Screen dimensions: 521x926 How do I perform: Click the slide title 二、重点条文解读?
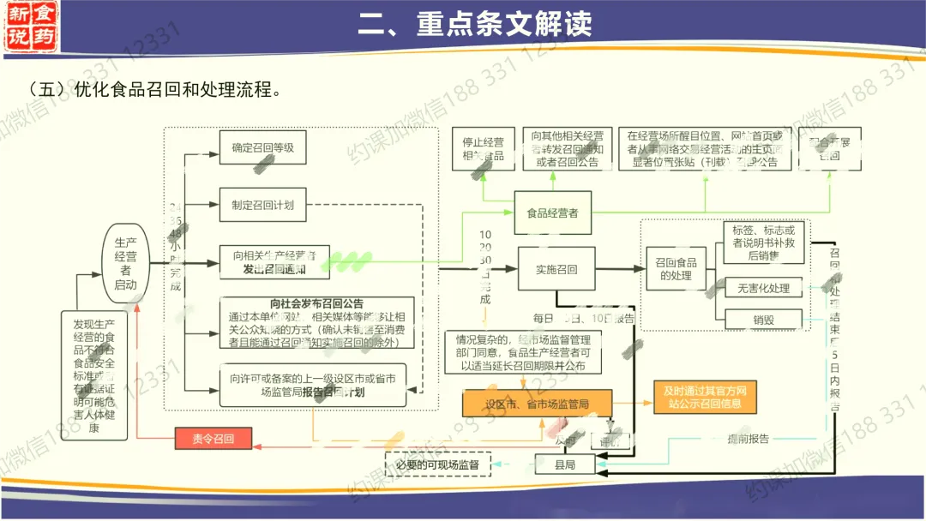coord(475,24)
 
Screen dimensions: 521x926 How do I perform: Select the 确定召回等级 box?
coord(262,147)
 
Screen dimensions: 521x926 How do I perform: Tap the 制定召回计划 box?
coord(262,205)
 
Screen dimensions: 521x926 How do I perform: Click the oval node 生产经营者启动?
coord(125,265)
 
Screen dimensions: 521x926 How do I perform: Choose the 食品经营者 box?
coord(552,213)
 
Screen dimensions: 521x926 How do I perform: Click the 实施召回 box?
coord(556,269)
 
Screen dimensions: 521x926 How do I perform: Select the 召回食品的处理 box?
coord(676,269)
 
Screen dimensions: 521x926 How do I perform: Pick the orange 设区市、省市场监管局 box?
coord(538,404)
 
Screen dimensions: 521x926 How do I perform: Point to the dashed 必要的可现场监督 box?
coord(437,464)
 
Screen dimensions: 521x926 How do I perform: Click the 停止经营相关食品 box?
coord(483,148)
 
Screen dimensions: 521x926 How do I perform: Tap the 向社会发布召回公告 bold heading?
coord(316,303)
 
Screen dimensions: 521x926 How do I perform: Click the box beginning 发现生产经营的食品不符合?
coord(93,375)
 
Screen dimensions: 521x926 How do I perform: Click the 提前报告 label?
coord(748,439)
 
